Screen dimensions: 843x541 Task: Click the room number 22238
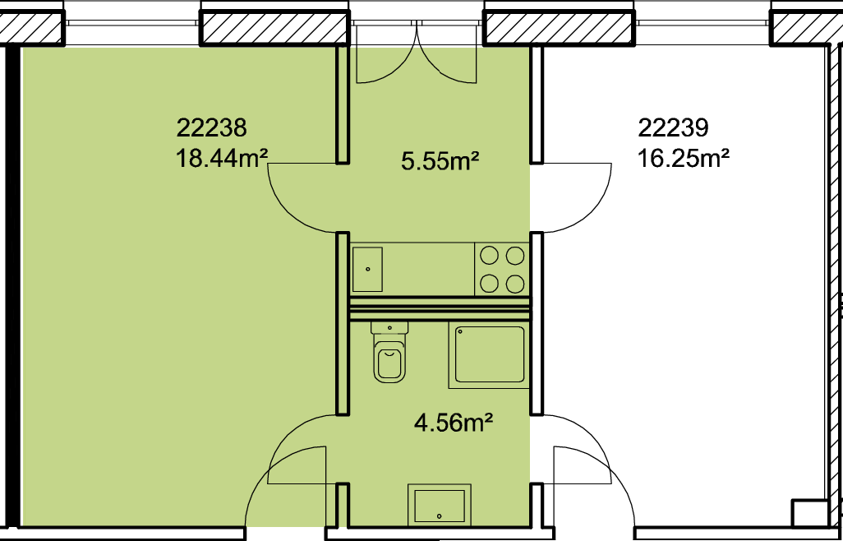pyautogui.click(x=211, y=128)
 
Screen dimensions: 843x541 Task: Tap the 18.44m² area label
pyautogui.click(x=222, y=160)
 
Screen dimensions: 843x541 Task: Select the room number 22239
pyautogui.click(x=673, y=128)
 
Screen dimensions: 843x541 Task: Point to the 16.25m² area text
pyautogui.click(x=684, y=160)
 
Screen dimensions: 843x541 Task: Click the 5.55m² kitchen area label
pyautogui.click(x=440, y=161)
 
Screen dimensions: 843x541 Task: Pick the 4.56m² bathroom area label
pyautogui.click(x=454, y=423)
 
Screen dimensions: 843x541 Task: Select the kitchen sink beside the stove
pyautogui.click(x=368, y=269)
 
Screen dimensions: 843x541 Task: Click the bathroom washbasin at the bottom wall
pyautogui.click(x=440, y=505)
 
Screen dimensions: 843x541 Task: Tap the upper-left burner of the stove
pyautogui.click(x=489, y=256)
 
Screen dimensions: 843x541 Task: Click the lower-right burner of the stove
pyautogui.click(x=515, y=283)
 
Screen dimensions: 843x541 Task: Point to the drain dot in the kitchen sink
pyautogui.click(x=368, y=269)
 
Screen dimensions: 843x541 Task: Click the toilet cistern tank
pyautogui.click(x=389, y=327)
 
